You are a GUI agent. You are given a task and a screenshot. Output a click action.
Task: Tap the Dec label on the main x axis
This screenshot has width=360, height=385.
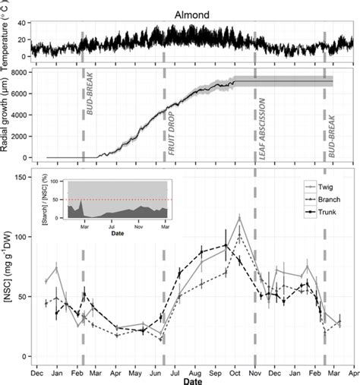coord(36,373)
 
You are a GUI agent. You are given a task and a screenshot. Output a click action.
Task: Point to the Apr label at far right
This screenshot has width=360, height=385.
coord(353,373)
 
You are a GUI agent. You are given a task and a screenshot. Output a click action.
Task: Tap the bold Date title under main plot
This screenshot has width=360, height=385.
coord(192,382)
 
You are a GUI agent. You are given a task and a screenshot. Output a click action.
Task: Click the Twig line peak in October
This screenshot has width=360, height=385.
coord(239,218)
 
